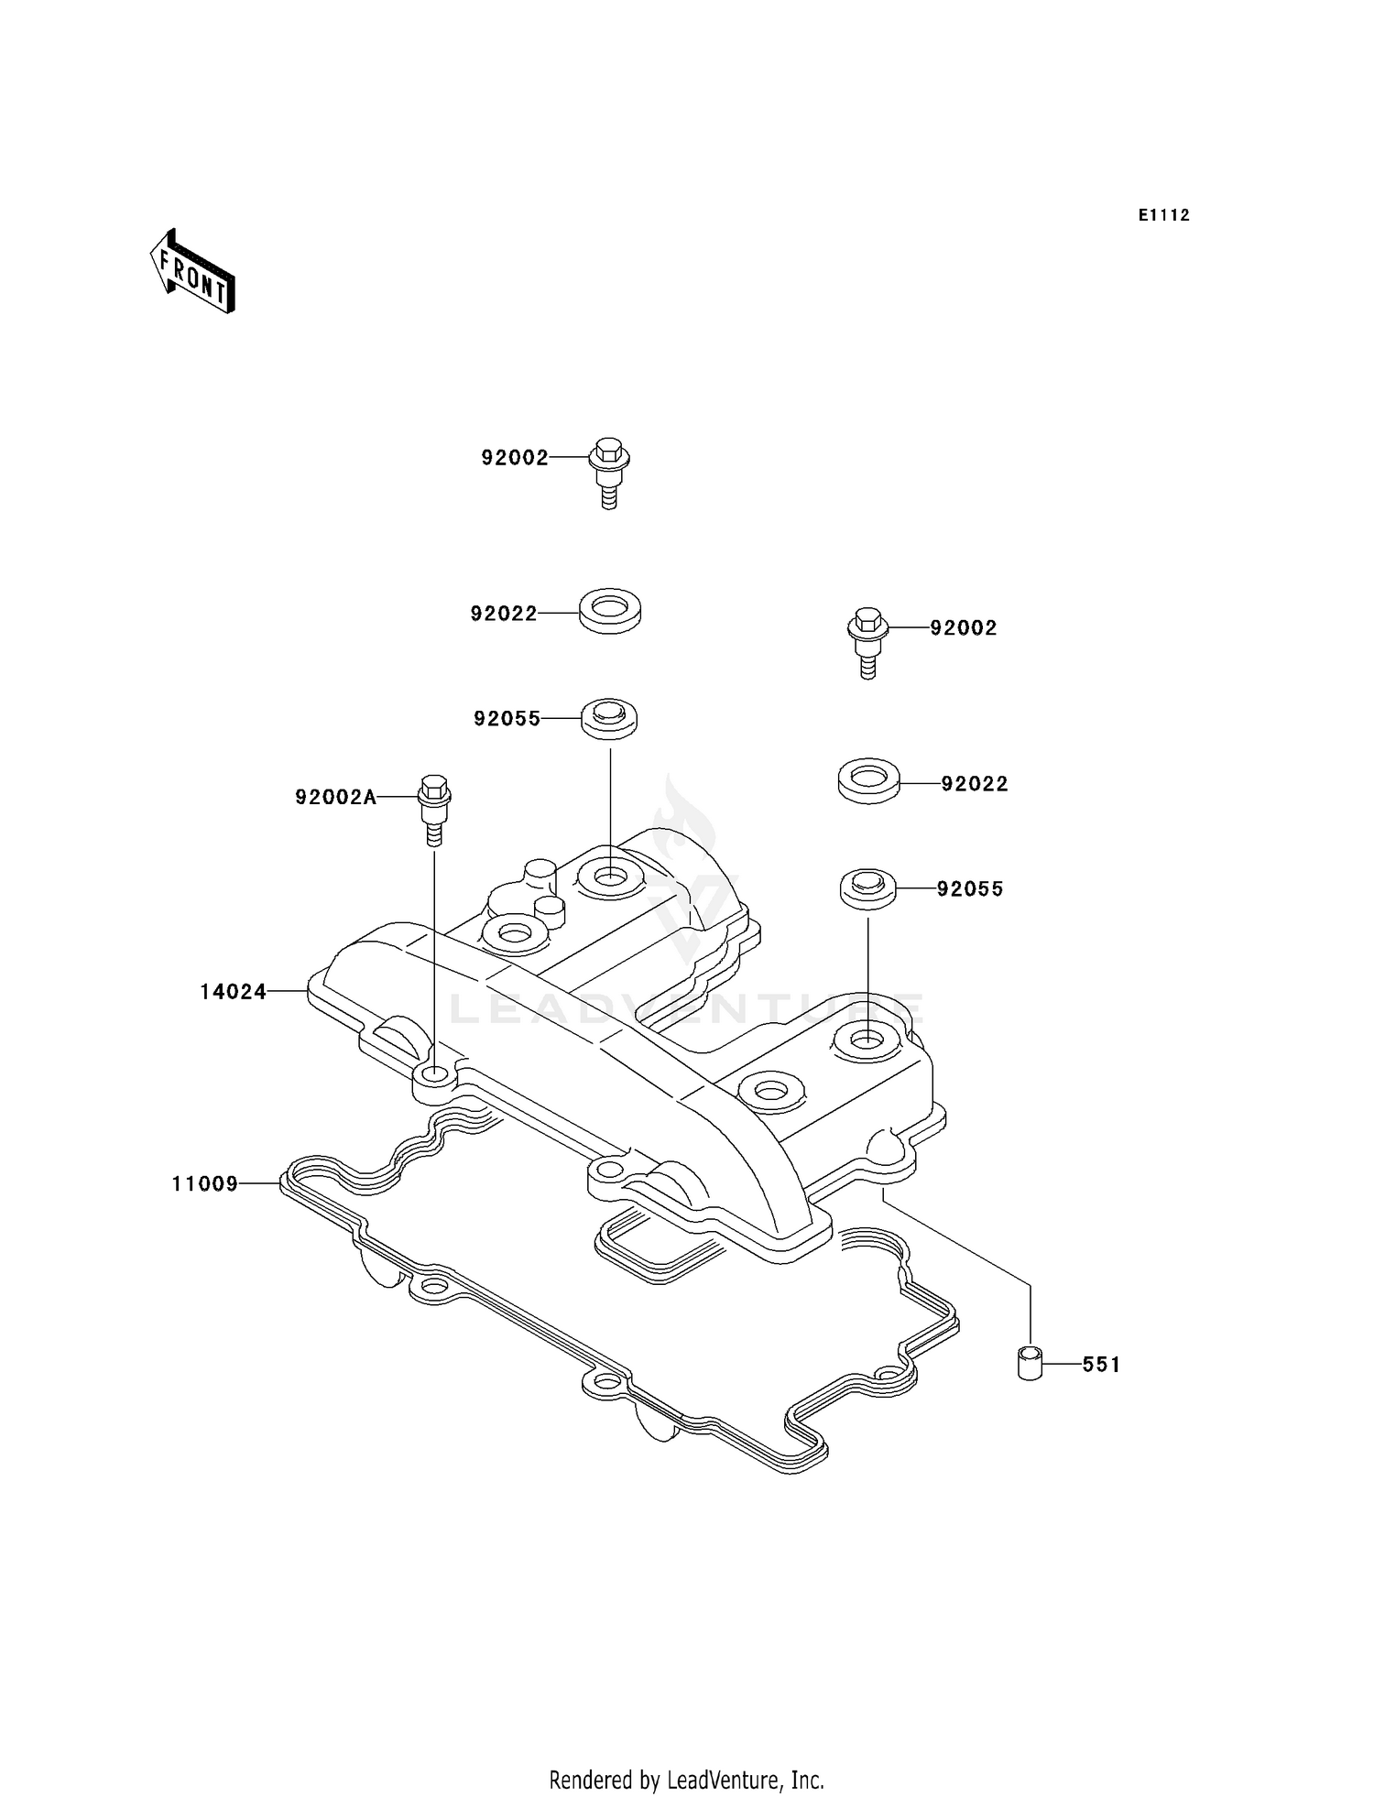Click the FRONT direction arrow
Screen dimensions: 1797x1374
(193, 272)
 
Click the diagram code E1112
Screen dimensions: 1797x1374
(1163, 215)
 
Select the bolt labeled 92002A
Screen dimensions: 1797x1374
(434, 809)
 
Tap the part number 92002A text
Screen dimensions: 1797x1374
(335, 798)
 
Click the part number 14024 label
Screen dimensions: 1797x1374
(233, 991)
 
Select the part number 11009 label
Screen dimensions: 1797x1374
(204, 1184)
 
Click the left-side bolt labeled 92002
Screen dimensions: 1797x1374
(608, 471)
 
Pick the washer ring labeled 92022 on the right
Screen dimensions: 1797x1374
(868, 780)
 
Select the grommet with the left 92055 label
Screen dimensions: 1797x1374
(609, 716)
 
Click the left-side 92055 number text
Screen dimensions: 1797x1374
(507, 719)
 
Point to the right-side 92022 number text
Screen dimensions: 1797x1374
(975, 784)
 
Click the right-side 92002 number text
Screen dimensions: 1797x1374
(964, 628)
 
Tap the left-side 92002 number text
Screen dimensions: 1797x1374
(515, 458)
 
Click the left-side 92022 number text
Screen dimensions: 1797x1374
(504, 614)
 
